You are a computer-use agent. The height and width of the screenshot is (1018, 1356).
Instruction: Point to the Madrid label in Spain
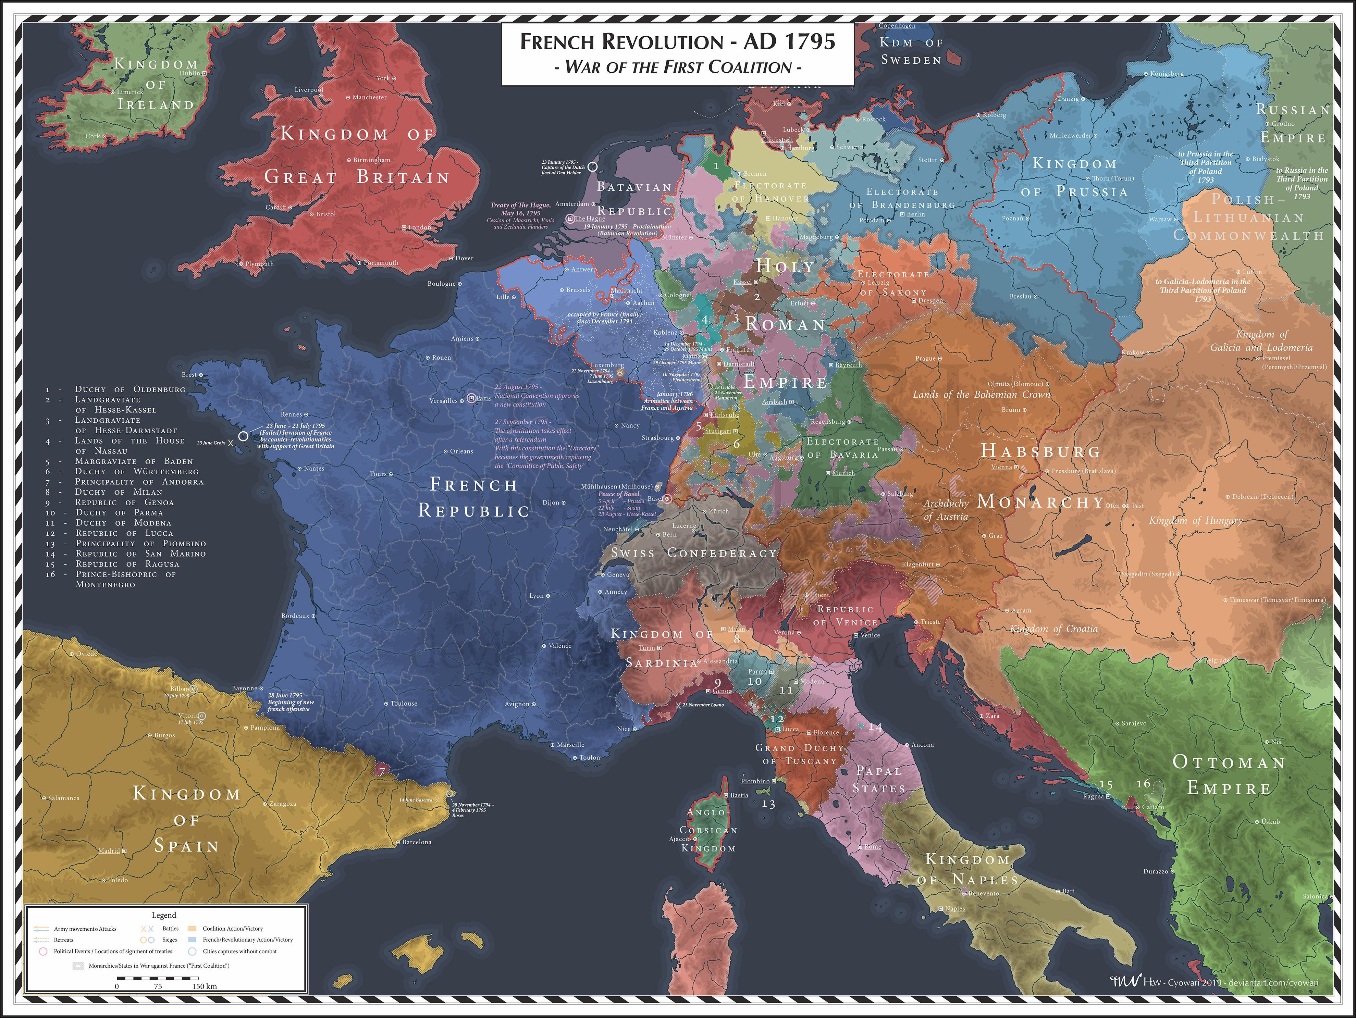tap(109, 851)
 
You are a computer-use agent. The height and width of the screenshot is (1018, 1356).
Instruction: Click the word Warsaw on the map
tap(1160, 219)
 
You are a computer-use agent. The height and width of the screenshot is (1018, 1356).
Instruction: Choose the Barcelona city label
tap(417, 842)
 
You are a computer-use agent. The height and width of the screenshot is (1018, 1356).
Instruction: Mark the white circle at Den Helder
tap(592, 166)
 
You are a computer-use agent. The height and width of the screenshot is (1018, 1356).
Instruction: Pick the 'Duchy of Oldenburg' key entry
tap(130, 389)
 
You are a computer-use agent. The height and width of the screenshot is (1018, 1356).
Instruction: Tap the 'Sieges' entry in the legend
tap(169, 940)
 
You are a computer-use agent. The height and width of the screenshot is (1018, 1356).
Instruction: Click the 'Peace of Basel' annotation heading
tap(618, 494)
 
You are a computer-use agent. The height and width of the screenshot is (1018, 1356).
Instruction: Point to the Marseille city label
tap(570, 745)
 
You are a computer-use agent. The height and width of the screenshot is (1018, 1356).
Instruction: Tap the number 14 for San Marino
tap(875, 728)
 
